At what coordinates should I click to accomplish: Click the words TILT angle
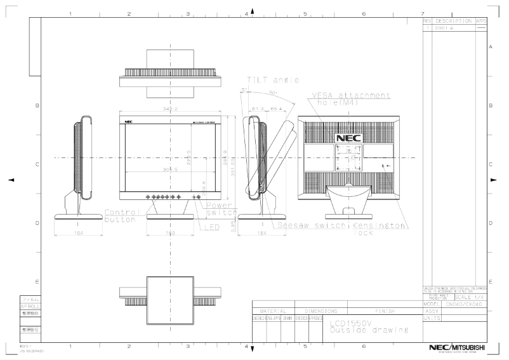tap(272, 81)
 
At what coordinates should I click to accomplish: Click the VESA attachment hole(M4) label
tap(350, 98)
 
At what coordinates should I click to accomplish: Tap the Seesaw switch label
tap(311, 225)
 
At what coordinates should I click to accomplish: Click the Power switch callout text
tap(221, 208)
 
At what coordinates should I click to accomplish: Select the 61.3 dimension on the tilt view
tap(258, 109)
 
